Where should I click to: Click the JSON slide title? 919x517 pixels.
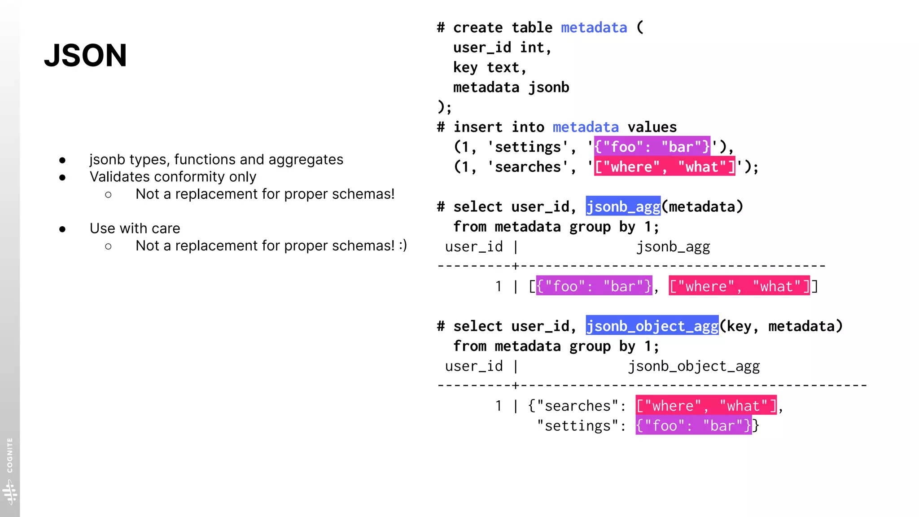[x=85, y=56]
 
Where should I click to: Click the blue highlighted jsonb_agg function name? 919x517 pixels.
[x=623, y=206]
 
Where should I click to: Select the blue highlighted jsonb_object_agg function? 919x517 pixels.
[x=652, y=326]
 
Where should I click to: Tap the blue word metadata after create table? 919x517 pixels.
[x=594, y=28]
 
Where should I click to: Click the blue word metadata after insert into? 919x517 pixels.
[x=585, y=127]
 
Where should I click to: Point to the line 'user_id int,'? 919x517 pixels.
[x=502, y=48]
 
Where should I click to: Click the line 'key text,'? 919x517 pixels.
[x=489, y=67]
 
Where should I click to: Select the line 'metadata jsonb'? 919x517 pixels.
[x=511, y=88]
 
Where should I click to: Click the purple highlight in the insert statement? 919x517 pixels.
[x=652, y=147]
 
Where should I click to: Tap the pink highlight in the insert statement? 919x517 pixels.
[x=664, y=167]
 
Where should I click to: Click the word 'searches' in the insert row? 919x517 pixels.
[x=528, y=167]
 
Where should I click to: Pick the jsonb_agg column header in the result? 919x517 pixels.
[x=673, y=247]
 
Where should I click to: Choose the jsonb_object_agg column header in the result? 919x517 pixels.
[x=693, y=366]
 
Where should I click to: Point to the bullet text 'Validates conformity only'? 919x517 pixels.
[x=173, y=177]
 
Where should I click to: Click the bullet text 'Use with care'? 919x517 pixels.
[x=135, y=228]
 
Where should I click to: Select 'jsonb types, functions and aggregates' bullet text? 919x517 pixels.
[x=216, y=160]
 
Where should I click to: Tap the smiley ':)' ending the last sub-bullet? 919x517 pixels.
[x=403, y=245]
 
